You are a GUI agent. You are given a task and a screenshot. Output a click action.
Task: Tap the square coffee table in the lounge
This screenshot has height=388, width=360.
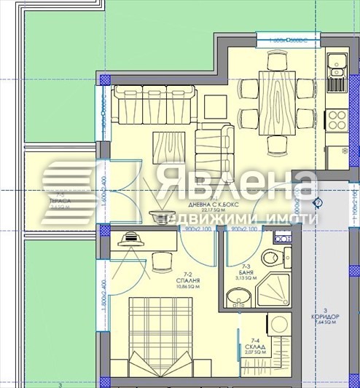coord(169,147)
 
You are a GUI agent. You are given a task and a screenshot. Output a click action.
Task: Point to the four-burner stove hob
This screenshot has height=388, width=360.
coord(338,119)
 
